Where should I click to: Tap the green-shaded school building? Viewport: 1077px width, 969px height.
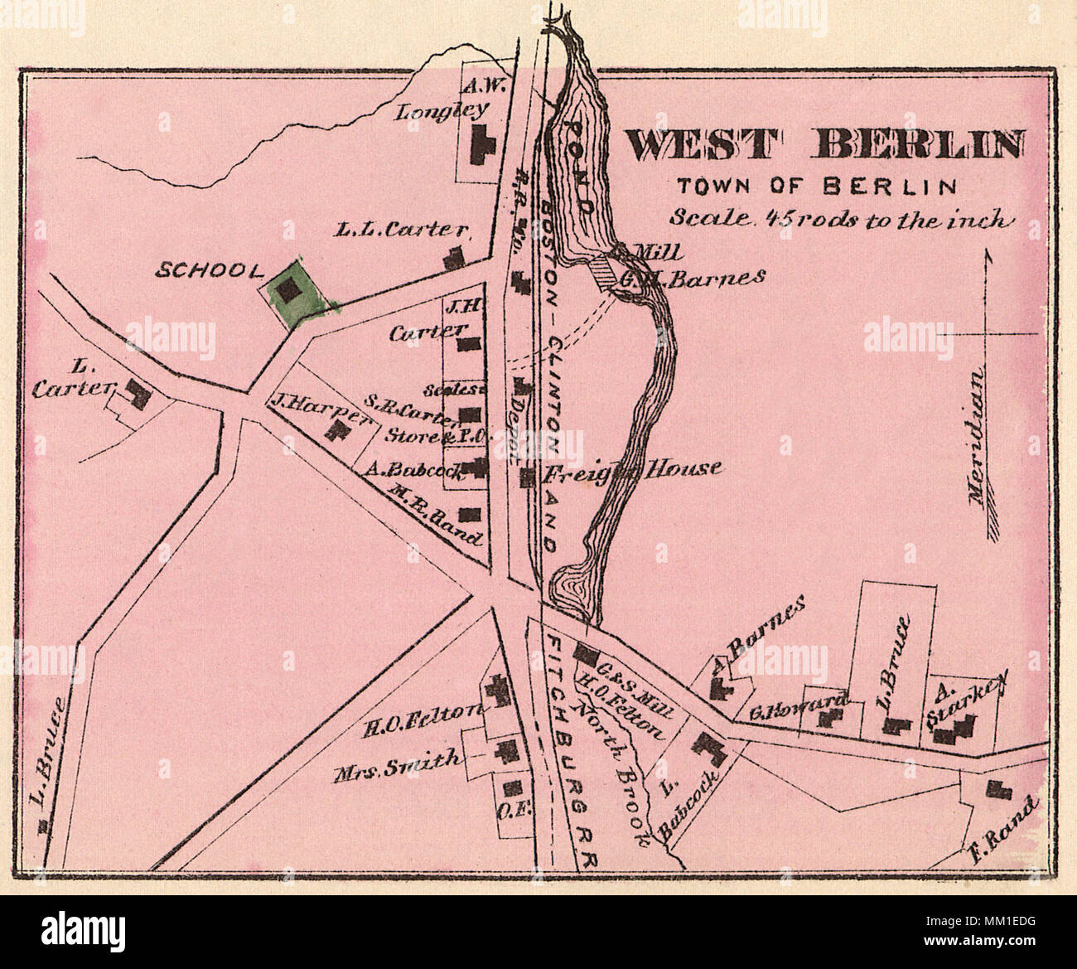288,290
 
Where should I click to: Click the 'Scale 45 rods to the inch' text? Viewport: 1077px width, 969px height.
840,220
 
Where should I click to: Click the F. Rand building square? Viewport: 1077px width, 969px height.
993,788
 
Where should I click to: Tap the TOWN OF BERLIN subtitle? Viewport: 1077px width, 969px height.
816,186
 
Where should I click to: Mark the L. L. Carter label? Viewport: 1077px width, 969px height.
403,231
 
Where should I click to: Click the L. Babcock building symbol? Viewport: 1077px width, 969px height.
709,747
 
